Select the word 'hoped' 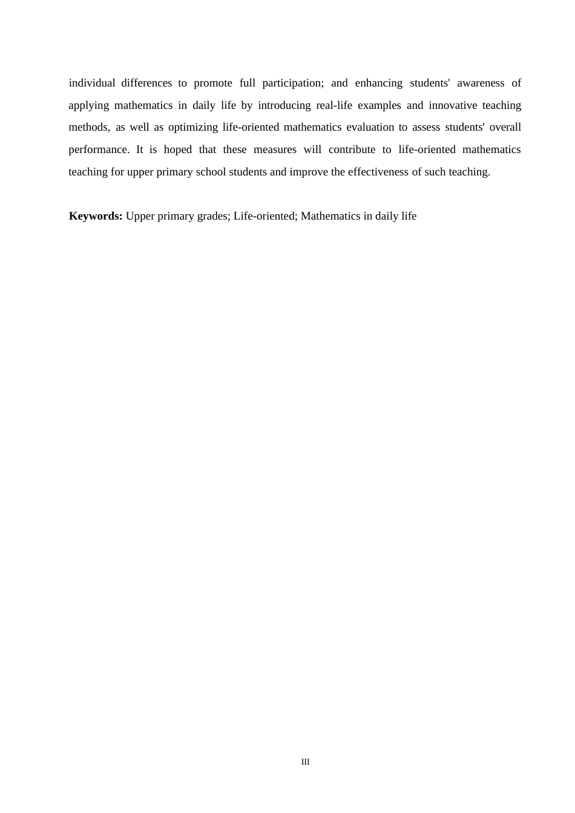click(177, 149)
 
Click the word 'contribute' click(352, 149)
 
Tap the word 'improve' click(309, 172)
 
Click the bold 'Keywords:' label click(96, 216)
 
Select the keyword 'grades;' click(212, 216)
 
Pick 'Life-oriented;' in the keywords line click(265, 216)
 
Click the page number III click(305, 762)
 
